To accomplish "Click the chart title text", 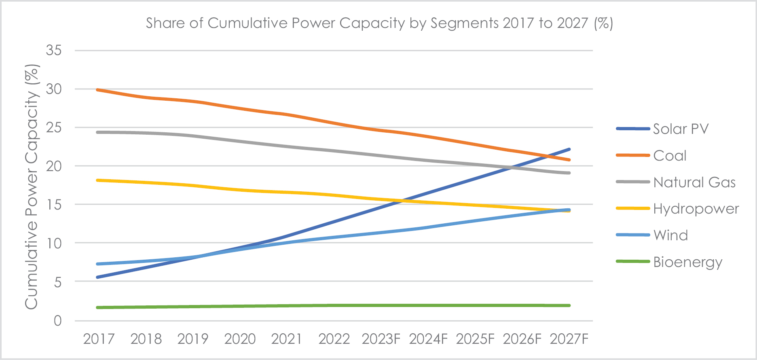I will click(x=379, y=23).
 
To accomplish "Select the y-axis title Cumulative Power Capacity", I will click(x=32, y=187).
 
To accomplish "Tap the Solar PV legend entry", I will click(x=681, y=129).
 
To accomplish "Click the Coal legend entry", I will click(x=670, y=156).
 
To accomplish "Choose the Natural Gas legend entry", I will click(x=694, y=182).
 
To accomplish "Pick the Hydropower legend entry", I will click(x=696, y=209).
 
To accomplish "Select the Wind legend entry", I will click(x=670, y=235).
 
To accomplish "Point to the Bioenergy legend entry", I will click(x=687, y=262).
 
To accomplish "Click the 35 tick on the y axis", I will click(x=54, y=51).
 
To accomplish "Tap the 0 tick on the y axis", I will click(x=58, y=321).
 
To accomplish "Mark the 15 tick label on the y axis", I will click(x=54, y=205).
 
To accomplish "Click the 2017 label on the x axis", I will click(x=99, y=339).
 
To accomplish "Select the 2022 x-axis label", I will click(x=334, y=339).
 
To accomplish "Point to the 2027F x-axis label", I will click(x=569, y=339).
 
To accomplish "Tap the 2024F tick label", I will click(x=428, y=339).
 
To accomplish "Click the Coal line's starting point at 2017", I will click(x=98, y=89).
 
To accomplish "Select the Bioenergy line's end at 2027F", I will click(x=569, y=305).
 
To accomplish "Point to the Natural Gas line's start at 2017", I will click(x=98, y=132).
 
